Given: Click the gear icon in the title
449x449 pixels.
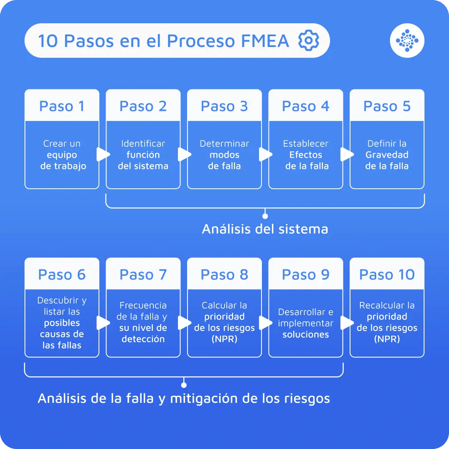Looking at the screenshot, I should (308, 41).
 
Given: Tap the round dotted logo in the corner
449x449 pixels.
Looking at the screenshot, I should (407, 41).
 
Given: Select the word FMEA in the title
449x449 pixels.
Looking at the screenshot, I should (264, 41).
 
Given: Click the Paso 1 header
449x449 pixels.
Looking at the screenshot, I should (62, 106).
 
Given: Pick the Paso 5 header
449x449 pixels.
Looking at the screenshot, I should (387, 106).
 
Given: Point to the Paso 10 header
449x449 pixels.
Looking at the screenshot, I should (387, 274).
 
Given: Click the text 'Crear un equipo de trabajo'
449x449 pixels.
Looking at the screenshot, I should (62, 155).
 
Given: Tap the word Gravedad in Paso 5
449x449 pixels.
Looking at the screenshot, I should (387, 155).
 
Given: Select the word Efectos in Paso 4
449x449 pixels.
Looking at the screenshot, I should (306, 155).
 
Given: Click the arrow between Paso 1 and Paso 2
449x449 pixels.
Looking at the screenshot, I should (102, 155).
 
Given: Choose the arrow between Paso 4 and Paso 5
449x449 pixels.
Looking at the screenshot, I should (346, 155).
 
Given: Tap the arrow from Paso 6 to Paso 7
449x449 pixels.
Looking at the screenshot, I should (102, 323).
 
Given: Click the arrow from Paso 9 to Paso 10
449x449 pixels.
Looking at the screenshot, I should (346, 323).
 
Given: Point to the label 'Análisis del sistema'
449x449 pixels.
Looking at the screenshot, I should (265, 229).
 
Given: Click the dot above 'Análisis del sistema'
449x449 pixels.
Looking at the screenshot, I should (265, 216).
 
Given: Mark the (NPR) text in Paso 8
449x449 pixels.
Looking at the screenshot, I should (224, 339).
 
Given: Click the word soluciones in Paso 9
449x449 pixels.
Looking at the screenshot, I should (306, 334).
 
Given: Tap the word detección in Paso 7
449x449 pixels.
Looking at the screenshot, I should (143, 339).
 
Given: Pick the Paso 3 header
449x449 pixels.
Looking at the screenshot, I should (224, 106).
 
